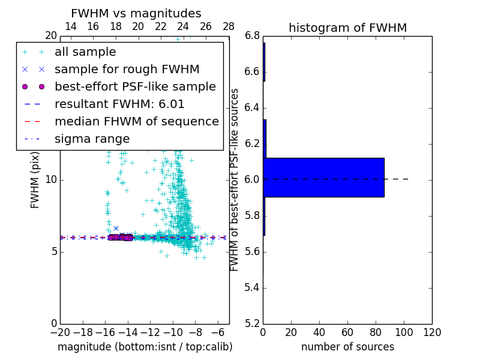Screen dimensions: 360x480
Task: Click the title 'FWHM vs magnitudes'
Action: click(136, 13)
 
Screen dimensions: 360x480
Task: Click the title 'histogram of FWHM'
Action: click(347, 28)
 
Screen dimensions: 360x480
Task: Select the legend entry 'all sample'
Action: click(85, 52)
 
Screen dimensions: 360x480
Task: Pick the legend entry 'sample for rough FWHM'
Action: click(127, 70)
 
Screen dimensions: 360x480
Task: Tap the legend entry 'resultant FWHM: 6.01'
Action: click(119, 104)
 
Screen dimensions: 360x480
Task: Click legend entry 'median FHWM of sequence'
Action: click(136, 122)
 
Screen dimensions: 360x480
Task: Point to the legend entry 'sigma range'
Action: click(92, 139)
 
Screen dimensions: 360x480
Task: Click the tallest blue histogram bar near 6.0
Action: click(324, 178)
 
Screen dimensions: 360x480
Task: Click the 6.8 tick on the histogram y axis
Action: click(252, 36)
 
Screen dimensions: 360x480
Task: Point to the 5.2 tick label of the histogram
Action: click(252, 323)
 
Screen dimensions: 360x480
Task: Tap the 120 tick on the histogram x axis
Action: click(432, 332)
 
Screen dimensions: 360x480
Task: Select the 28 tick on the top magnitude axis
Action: click(229, 26)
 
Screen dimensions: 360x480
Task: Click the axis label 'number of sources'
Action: click(347, 347)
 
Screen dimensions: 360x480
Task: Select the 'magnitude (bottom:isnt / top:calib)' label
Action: click(145, 347)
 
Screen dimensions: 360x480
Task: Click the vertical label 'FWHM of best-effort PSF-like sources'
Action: click(235, 179)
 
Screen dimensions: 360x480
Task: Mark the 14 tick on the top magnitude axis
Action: click(70, 26)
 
